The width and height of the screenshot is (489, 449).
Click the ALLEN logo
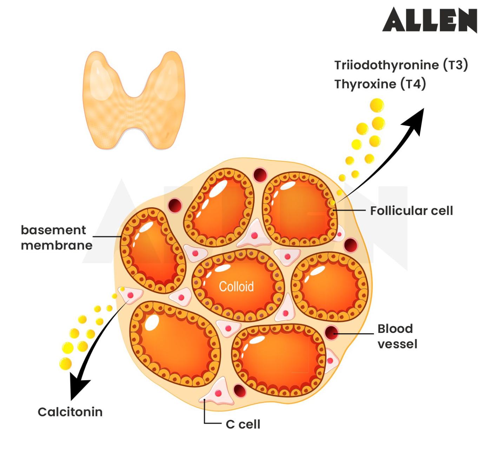[x=430, y=20]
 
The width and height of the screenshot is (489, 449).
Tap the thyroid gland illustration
[x=134, y=100]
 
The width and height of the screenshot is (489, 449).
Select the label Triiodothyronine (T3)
[x=401, y=65]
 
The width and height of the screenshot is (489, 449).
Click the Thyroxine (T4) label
[x=380, y=84]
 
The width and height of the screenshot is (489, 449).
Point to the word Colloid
[x=236, y=287]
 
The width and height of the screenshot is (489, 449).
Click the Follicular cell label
[x=411, y=211]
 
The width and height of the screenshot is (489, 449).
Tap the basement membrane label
[x=56, y=237]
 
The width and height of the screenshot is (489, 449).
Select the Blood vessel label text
[x=397, y=336]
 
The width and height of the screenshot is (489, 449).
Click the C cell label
[x=243, y=424]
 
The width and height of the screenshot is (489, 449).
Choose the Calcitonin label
[x=70, y=412]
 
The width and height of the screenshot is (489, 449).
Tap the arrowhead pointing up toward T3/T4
[x=414, y=121]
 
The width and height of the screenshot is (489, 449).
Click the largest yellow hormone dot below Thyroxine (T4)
[x=377, y=105]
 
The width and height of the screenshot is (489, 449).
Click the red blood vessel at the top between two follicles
[x=260, y=174]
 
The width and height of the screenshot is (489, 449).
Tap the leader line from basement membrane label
[x=107, y=237]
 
